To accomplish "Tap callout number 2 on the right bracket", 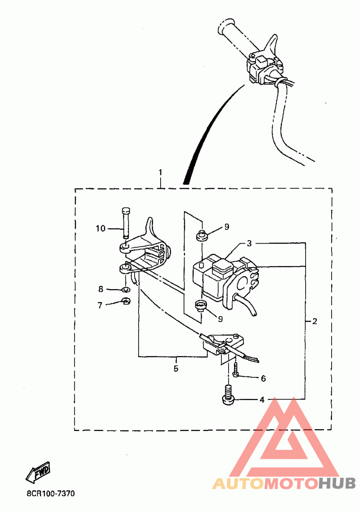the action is point(315,322).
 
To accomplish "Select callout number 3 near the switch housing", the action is point(249,243).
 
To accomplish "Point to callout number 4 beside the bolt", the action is point(262,400).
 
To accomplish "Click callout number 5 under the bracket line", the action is point(176,369).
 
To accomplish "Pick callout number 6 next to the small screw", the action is point(263,378).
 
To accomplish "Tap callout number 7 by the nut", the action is point(100,305).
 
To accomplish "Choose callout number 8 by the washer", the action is point(101,289).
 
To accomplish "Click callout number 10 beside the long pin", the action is point(100,229).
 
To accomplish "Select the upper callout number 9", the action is point(227,227).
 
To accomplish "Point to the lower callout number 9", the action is point(220,319).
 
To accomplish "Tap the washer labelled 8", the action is point(126,289).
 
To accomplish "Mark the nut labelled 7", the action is point(126,301).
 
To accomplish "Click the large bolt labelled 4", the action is point(229,395).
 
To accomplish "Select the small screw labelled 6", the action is point(236,371).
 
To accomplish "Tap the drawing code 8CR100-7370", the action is point(50,494).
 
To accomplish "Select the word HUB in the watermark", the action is point(337,483).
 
